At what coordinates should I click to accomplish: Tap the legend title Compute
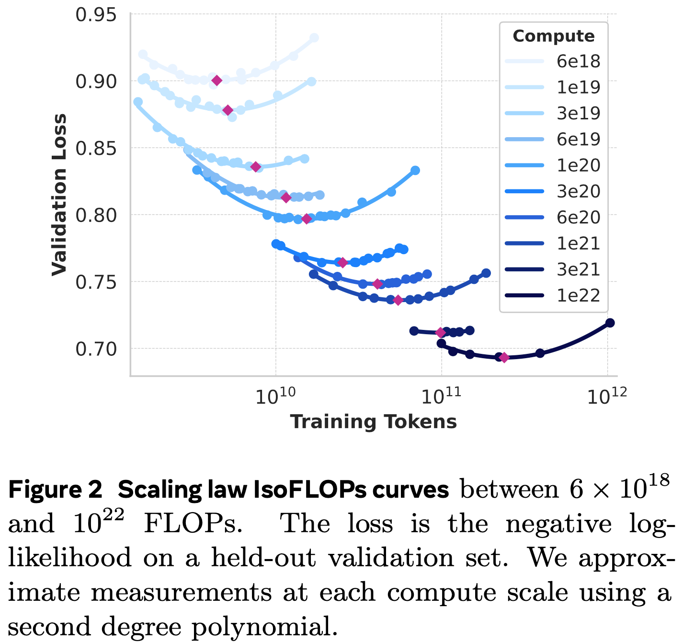[x=553, y=36]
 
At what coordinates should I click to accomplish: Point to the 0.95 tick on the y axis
[x=96, y=15]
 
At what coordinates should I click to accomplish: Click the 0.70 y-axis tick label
[x=96, y=349]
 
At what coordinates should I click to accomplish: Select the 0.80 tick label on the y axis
[x=96, y=215]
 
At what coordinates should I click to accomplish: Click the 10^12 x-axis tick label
[x=607, y=397]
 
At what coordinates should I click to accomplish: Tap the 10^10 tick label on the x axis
[x=275, y=397]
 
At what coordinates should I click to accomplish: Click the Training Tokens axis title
[x=373, y=422]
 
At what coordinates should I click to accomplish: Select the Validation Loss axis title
[x=59, y=195]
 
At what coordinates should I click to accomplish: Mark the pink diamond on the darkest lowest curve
[x=504, y=357]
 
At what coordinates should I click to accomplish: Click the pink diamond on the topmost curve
[x=217, y=80]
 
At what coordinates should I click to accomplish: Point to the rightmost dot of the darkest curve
[x=610, y=323]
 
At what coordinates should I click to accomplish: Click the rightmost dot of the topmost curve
[x=314, y=38]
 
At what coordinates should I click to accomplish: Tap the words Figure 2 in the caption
[x=55, y=490]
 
